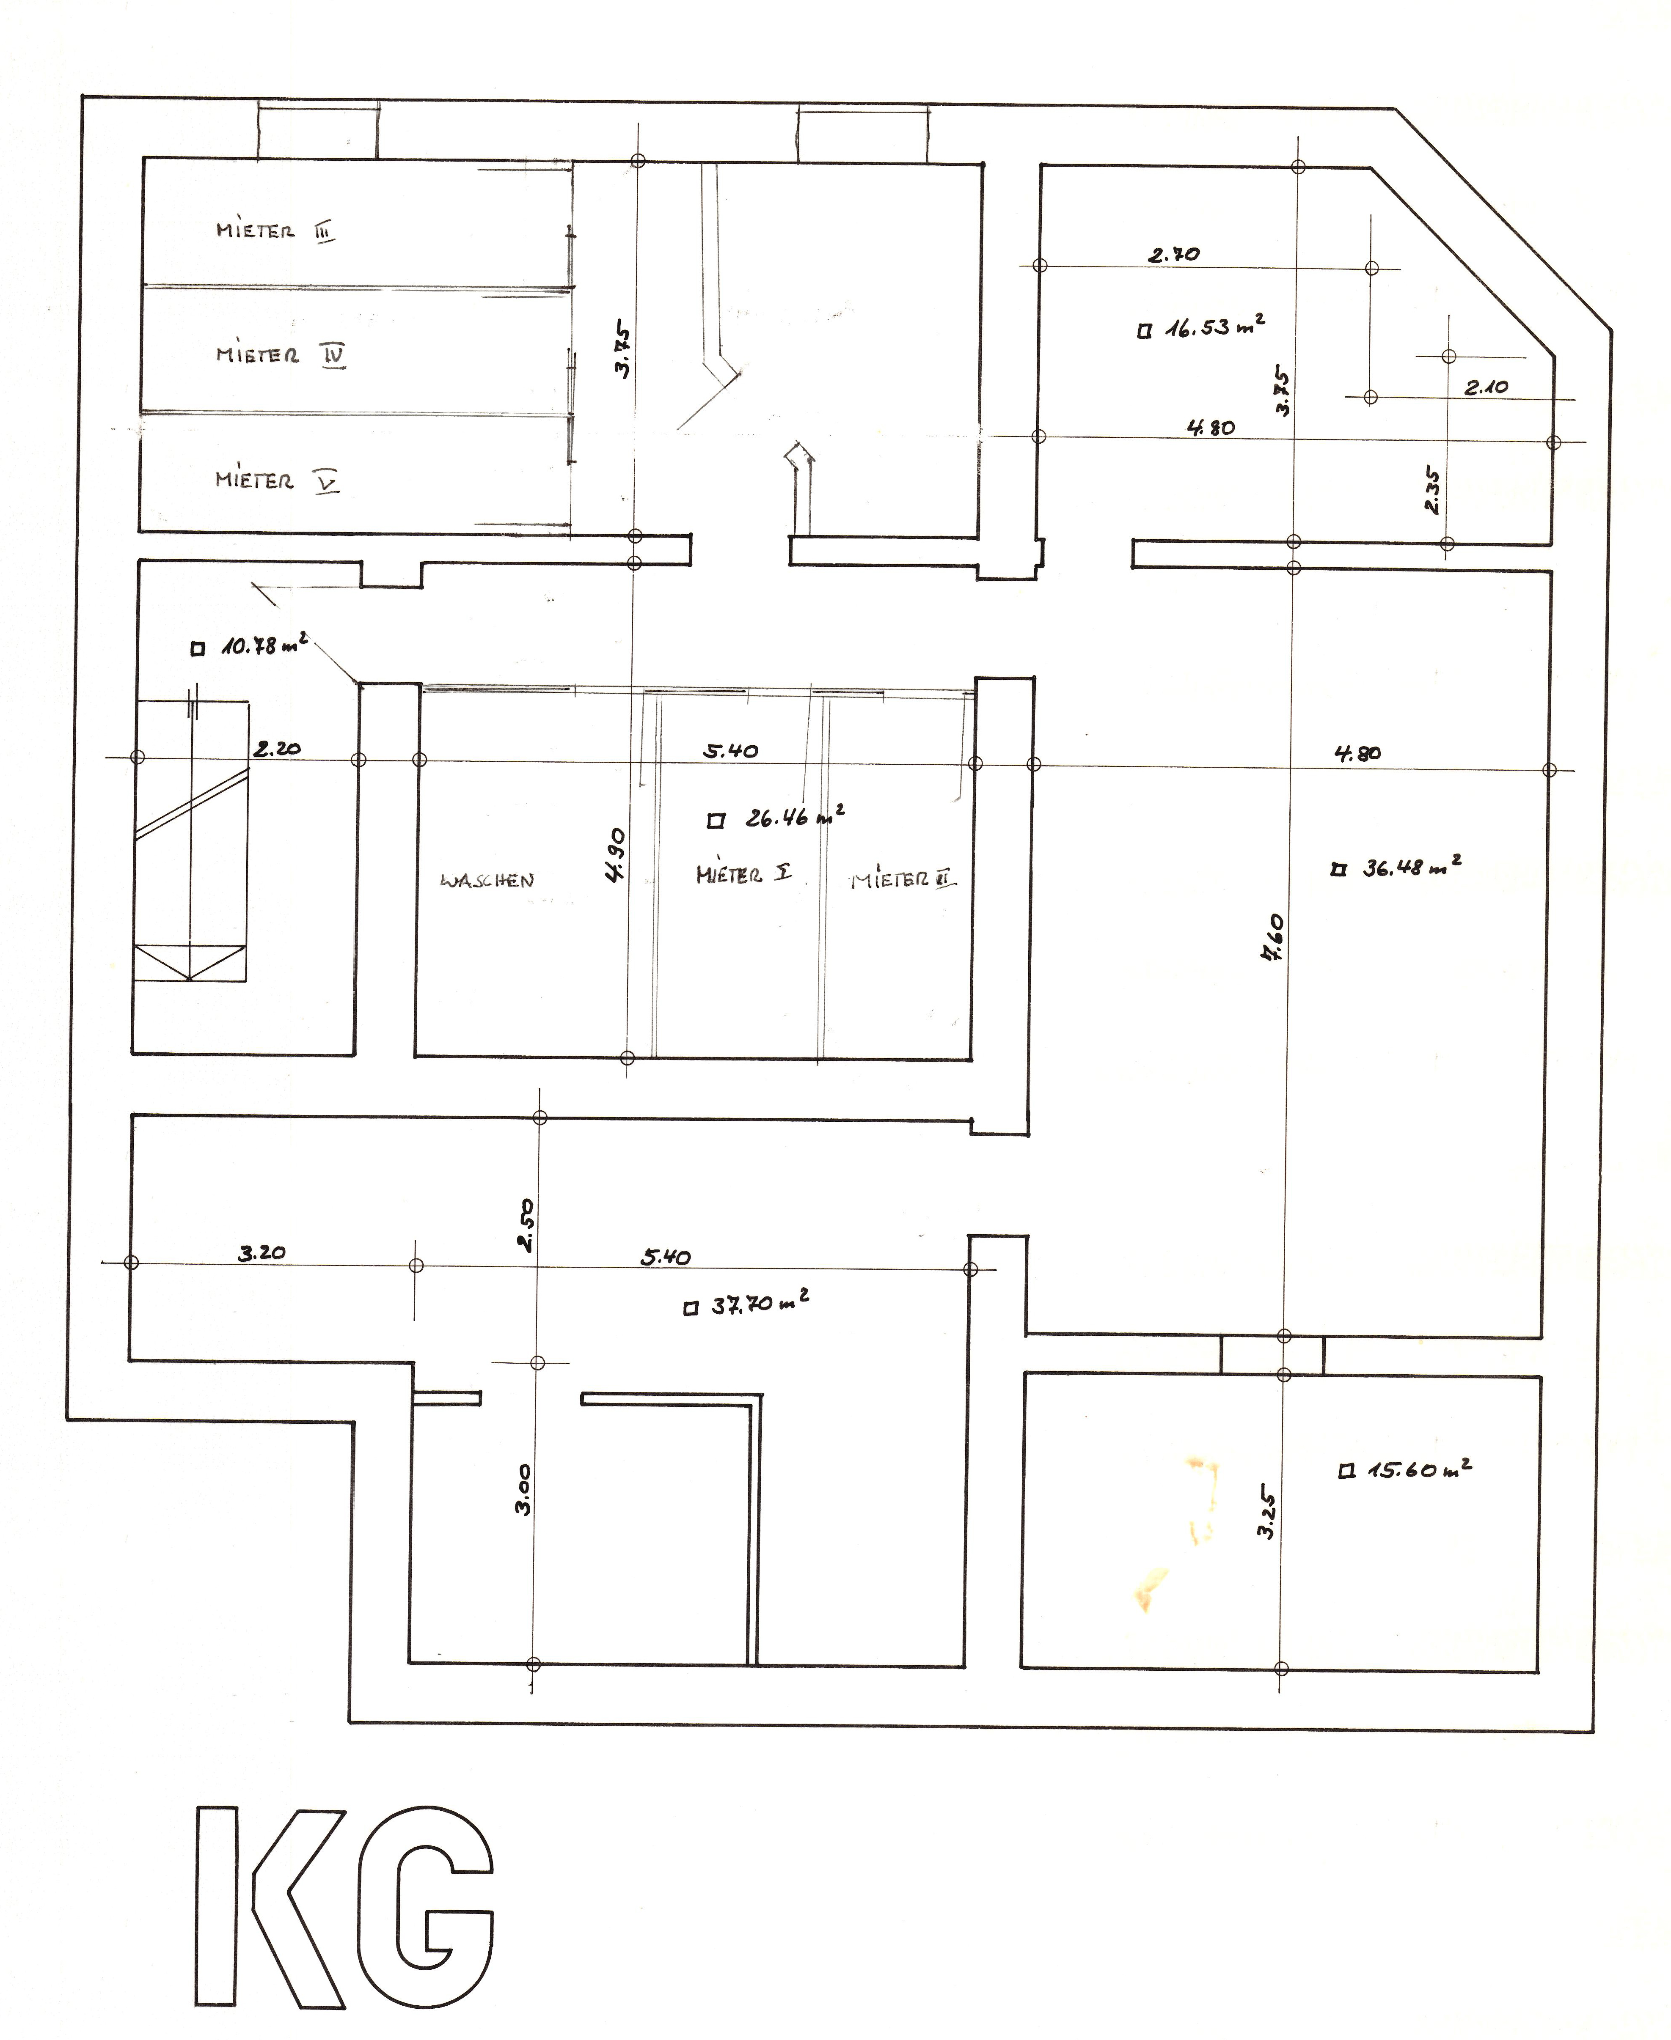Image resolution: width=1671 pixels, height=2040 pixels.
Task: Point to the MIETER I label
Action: coord(744,874)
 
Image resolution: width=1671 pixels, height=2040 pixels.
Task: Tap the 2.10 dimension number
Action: coord(1486,388)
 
